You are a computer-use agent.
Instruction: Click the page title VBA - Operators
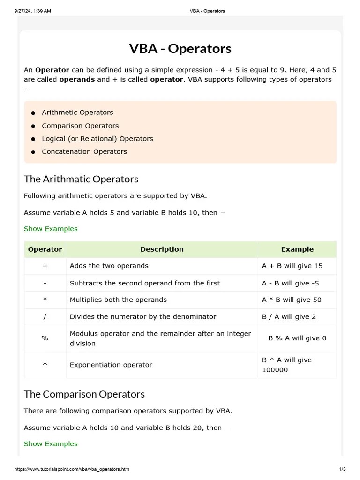tap(180, 49)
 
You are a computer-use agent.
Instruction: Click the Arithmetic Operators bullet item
tap(77, 112)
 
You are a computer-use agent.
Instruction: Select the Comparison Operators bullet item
tap(80, 126)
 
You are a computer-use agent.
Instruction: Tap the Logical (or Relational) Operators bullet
tap(97, 139)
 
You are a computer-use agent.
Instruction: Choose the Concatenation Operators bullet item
tap(84, 151)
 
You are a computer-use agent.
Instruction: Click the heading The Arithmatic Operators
tap(81, 179)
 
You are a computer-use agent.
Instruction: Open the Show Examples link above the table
tap(51, 229)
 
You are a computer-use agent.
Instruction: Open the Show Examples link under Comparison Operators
tap(51, 444)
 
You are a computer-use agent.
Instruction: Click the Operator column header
tap(45, 249)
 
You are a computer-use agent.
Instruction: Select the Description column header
tap(162, 249)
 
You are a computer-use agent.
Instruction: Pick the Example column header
tap(297, 249)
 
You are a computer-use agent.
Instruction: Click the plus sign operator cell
tap(45, 266)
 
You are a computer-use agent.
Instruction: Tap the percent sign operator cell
tap(45, 338)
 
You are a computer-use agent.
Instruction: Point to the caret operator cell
tap(45, 365)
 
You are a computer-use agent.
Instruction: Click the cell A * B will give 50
tap(292, 300)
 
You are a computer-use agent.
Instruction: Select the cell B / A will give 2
tap(289, 316)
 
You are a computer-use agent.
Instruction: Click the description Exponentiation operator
tap(111, 365)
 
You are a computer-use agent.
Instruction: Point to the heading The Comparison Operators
tap(84, 394)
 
